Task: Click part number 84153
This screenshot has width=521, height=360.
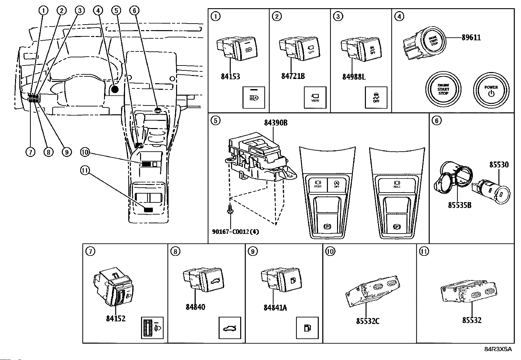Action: point(230,77)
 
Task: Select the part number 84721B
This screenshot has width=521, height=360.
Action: point(293,76)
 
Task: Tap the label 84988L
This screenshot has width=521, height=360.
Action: point(354,77)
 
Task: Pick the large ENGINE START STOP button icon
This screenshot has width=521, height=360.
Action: point(443,89)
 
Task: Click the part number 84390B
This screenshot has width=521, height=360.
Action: point(276,123)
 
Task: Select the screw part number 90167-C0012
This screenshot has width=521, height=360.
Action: point(235,232)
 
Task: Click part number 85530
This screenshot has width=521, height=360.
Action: point(499,164)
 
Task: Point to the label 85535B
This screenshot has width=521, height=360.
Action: point(460,205)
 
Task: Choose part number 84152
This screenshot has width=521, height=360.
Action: point(116,318)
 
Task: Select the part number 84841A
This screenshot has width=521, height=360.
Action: point(275,308)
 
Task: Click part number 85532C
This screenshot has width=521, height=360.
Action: point(368,321)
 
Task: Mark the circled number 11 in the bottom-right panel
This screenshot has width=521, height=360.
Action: point(424,251)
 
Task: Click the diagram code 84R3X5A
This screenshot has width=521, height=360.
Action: point(498,349)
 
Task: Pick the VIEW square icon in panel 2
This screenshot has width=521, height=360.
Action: point(315,98)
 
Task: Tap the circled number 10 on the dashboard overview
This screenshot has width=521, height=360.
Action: point(84,152)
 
